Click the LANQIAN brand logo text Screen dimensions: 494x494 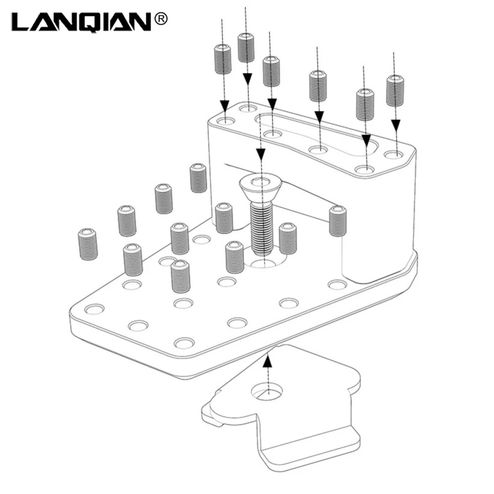coord(81,22)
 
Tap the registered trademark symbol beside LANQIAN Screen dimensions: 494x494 coord(161,19)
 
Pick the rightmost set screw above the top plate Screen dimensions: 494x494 coord(395,90)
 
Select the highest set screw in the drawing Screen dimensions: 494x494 coord(246,47)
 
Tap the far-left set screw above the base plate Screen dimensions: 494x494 coord(87,244)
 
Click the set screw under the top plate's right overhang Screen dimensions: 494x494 coord(337,221)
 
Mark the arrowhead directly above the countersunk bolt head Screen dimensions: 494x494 coord(260,154)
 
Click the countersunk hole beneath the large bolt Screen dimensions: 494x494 coord(264,257)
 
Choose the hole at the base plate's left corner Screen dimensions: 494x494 coord(95,309)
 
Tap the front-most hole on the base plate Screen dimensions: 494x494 coord(184,343)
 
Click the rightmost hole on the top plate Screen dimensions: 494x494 coord(394,155)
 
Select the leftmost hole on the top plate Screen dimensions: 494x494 coord(226,121)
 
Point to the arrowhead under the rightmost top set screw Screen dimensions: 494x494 coord(396,125)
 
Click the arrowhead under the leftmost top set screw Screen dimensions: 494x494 coord(224,106)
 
